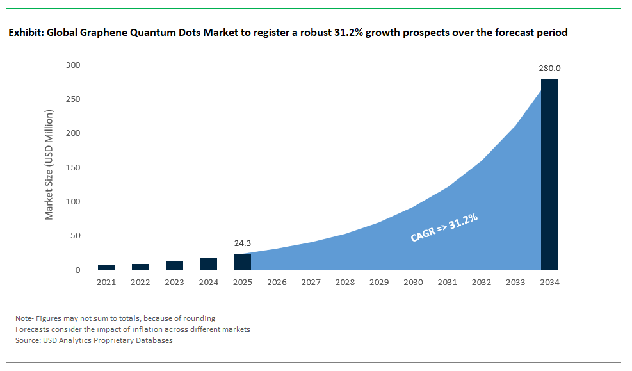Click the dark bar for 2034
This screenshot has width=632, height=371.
(549, 174)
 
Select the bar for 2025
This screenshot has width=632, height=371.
(243, 262)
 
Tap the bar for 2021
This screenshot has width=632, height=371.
(106, 267)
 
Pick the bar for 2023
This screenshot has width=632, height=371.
(174, 266)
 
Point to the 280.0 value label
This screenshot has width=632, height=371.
(549, 69)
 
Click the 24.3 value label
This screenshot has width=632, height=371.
(243, 243)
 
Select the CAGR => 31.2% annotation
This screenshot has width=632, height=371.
(444, 228)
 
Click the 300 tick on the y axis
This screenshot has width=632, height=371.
(72, 65)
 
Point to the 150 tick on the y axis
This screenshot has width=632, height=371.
(72, 168)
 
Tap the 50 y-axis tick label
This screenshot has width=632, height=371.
(75, 236)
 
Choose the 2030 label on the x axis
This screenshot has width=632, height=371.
(413, 283)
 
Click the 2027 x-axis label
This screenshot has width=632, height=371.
(311, 283)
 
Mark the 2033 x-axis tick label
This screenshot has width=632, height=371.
(515, 283)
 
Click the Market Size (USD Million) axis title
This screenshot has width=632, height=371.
(49, 165)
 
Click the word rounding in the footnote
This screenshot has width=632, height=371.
(198, 318)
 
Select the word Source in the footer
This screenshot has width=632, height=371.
(27, 340)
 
